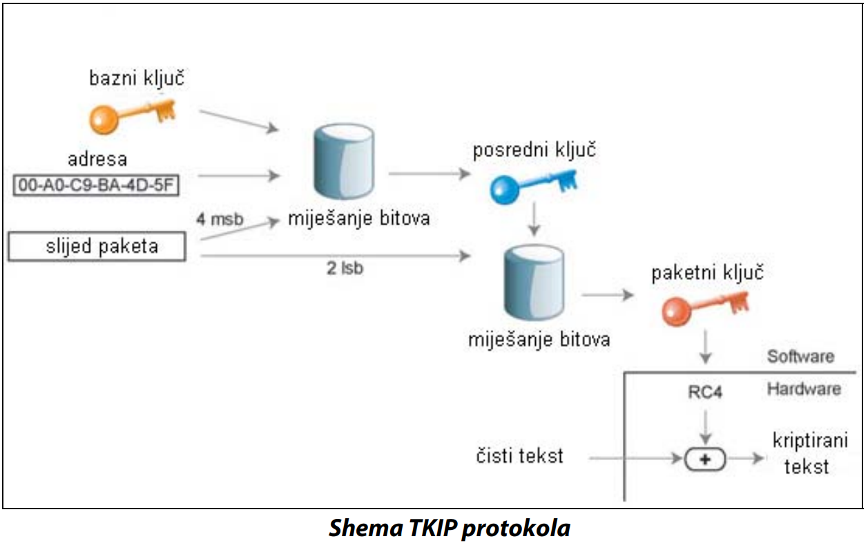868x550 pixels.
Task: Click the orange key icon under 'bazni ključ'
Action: [131, 115]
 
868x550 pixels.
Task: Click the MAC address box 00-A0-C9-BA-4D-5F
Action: [95, 186]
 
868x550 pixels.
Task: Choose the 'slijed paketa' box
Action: [97, 247]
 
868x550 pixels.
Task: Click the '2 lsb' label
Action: [345, 269]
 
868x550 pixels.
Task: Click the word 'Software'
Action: [800, 357]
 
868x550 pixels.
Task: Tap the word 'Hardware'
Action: [804, 389]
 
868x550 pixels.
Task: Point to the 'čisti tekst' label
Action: [519, 456]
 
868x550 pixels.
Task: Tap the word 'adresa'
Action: [97, 160]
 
